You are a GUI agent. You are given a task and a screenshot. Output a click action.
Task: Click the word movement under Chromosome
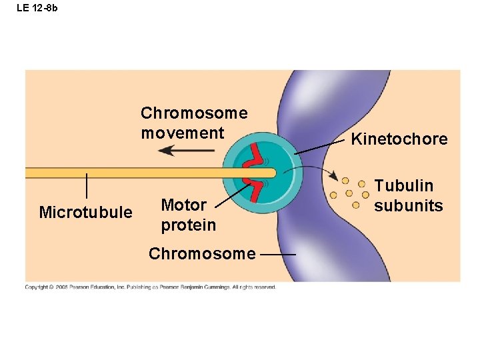point(182,133)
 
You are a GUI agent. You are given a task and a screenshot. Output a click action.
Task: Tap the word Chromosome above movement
point(193,113)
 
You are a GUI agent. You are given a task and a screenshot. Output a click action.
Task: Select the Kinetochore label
point(399,139)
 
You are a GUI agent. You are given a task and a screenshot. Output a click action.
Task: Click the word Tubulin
point(403,186)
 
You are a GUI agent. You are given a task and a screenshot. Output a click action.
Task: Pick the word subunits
point(408,205)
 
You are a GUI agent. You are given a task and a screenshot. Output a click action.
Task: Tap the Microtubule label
point(85,213)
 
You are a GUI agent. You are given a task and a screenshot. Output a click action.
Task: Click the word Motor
point(183,205)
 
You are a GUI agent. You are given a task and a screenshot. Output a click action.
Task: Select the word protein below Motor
point(188,225)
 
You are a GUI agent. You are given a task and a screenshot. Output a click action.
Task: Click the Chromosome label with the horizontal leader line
point(201,254)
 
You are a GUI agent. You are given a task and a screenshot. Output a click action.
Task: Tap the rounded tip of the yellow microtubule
point(272,173)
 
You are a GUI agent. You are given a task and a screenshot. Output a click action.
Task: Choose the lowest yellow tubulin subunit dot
point(355,205)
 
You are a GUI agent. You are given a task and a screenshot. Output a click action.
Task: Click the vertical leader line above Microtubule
point(87,185)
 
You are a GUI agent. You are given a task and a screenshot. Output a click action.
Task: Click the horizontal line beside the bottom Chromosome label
point(278,255)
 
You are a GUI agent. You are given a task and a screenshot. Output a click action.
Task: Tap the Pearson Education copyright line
point(150,287)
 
